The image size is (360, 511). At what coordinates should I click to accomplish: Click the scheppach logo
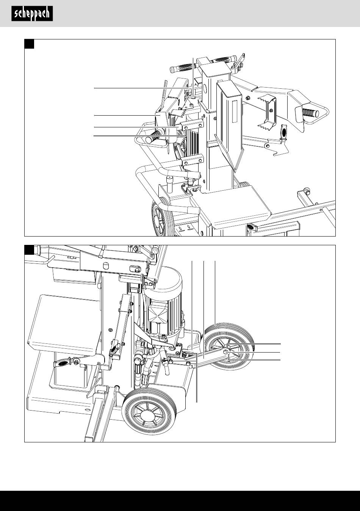click(32, 14)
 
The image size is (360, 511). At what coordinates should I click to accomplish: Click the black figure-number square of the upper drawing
click(30, 44)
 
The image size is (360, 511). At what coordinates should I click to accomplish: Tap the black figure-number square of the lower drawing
click(30, 250)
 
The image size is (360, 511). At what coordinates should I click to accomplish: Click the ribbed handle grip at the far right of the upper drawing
click(311, 112)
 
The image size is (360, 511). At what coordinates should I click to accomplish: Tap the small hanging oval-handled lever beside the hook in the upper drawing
click(284, 133)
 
